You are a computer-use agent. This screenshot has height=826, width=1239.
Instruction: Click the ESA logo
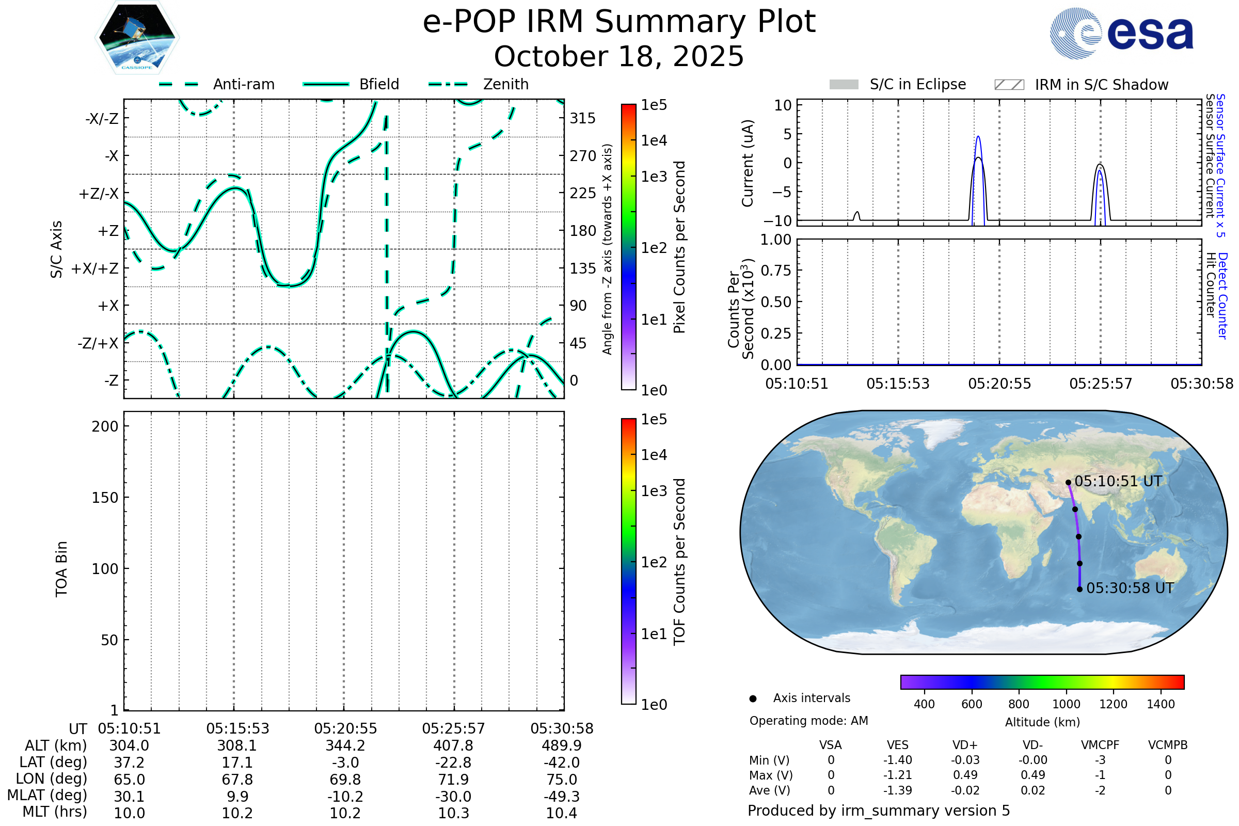(x=1122, y=33)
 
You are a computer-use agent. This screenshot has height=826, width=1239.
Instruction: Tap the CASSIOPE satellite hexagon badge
(x=137, y=37)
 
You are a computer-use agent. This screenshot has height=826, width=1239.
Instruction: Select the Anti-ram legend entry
(x=216, y=84)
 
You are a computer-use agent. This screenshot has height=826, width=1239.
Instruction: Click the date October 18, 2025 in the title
(x=619, y=56)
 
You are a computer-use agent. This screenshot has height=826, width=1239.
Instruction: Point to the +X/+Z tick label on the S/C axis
(x=95, y=268)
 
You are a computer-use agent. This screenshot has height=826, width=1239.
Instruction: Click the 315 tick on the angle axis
(x=583, y=118)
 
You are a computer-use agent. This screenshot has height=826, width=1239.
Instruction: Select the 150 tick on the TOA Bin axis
(x=105, y=497)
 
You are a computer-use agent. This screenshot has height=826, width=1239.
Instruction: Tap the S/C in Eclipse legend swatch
(x=844, y=84)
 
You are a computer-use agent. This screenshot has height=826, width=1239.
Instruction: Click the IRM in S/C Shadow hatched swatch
(x=1009, y=84)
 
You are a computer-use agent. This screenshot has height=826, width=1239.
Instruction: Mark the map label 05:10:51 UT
(x=1118, y=481)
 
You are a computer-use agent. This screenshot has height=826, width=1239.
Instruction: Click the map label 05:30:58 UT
(x=1131, y=588)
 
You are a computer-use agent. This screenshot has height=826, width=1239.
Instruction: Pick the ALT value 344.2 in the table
(x=345, y=745)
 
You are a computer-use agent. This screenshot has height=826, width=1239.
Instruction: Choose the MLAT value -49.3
(x=562, y=796)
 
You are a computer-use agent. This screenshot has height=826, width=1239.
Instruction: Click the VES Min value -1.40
(x=898, y=760)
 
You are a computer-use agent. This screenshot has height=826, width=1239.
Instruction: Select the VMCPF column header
(x=1100, y=745)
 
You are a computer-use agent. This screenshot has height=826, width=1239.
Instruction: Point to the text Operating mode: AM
(x=808, y=721)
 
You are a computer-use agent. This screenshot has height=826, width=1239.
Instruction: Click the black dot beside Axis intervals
(x=753, y=698)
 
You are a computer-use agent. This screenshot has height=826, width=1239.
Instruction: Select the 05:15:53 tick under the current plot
(x=898, y=384)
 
